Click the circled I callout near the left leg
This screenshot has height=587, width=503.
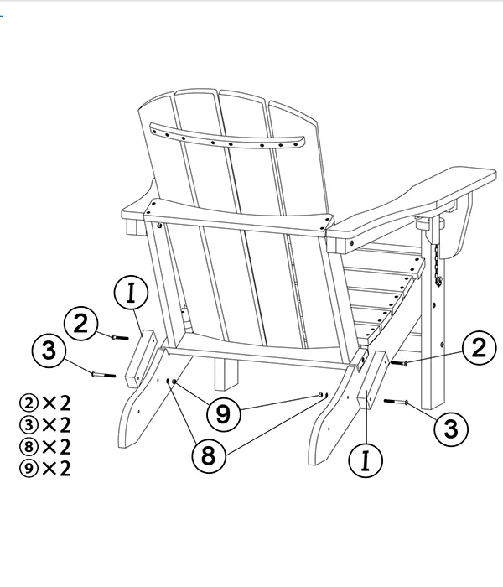(x=131, y=293)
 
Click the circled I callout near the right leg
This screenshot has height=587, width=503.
(x=366, y=460)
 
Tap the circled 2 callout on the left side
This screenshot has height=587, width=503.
(x=80, y=324)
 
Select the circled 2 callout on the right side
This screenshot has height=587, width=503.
(x=480, y=348)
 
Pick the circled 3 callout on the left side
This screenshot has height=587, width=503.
(x=49, y=351)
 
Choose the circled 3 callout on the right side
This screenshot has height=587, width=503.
(x=451, y=429)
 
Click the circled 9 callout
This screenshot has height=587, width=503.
(x=224, y=414)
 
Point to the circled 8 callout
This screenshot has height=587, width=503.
(x=209, y=455)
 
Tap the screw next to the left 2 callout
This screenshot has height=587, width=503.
(x=120, y=338)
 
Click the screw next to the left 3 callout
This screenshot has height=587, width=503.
(x=104, y=374)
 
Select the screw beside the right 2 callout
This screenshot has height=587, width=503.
(x=399, y=363)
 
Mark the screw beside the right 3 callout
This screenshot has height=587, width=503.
(x=396, y=402)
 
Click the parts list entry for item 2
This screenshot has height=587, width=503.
(x=45, y=403)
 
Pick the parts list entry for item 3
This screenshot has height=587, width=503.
(x=45, y=424)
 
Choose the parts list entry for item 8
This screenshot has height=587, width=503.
(x=45, y=446)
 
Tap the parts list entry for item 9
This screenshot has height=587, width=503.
(x=45, y=468)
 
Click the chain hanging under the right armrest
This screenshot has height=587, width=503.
(x=437, y=265)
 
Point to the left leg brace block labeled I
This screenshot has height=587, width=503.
(x=140, y=359)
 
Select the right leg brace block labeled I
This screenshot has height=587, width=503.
(x=371, y=380)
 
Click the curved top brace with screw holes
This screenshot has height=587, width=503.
(x=227, y=136)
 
